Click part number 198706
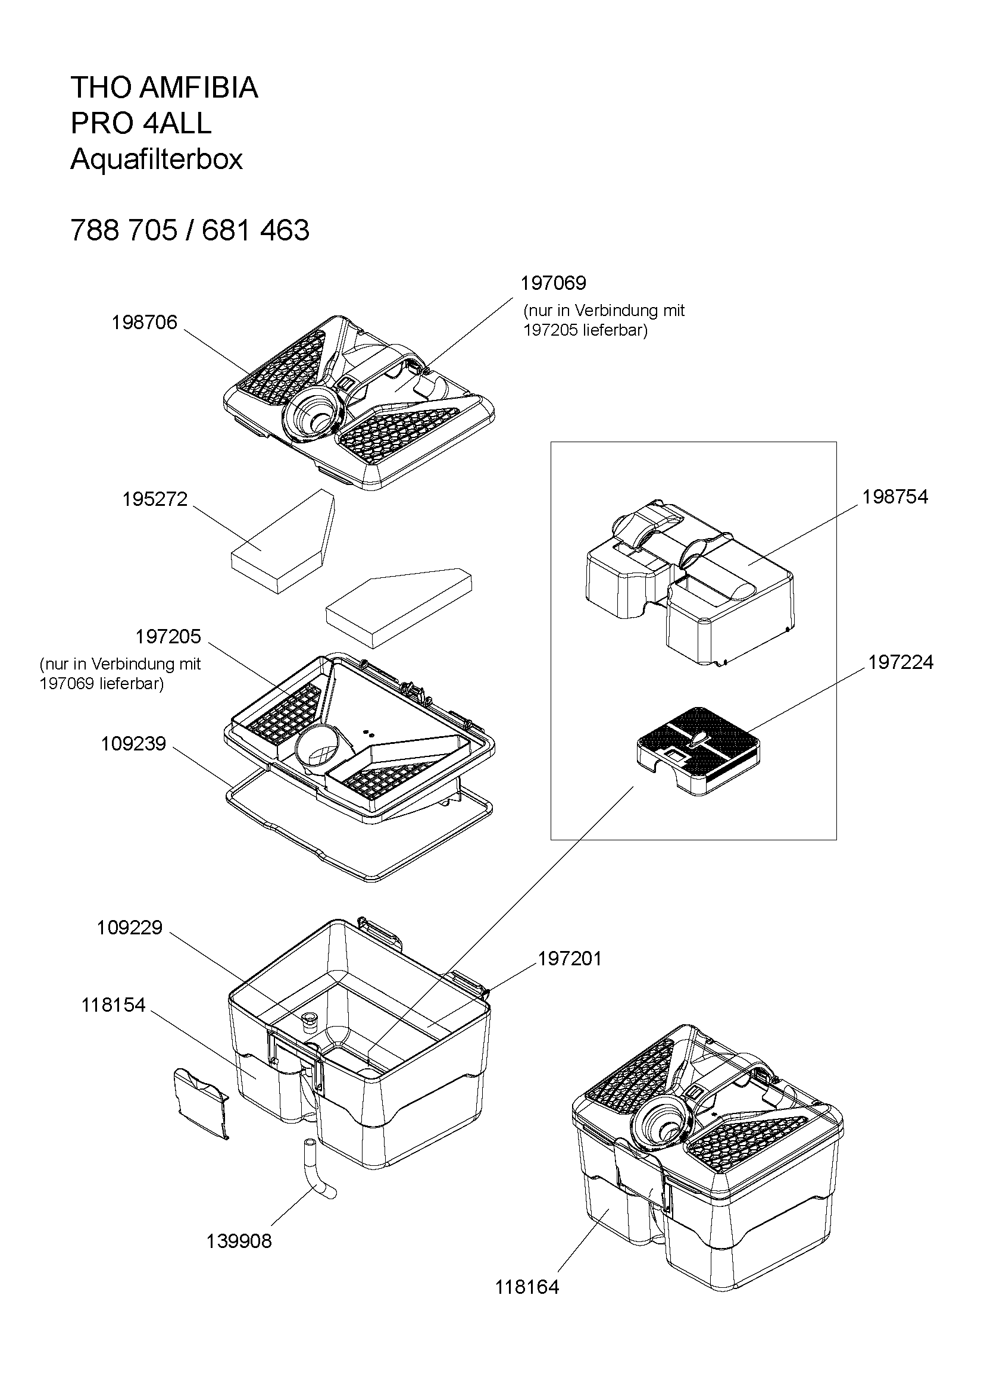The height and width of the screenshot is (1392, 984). click(144, 323)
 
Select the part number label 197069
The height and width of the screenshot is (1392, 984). click(554, 283)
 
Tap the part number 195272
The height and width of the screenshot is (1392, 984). click(155, 499)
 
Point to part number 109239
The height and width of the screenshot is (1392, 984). click(133, 744)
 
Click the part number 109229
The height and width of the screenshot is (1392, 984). click(130, 928)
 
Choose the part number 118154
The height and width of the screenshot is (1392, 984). click(113, 1005)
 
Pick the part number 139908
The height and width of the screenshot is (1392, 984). click(239, 1241)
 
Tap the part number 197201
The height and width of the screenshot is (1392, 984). click(570, 959)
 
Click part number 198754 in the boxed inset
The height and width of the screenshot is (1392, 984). click(895, 497)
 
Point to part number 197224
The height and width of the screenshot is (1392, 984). click(900, 662)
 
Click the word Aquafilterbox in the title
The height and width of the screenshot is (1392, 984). click(157, 159)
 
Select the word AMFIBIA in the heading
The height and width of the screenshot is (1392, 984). click(199, 88)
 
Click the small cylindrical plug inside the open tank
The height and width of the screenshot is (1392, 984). click(310, 1020)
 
